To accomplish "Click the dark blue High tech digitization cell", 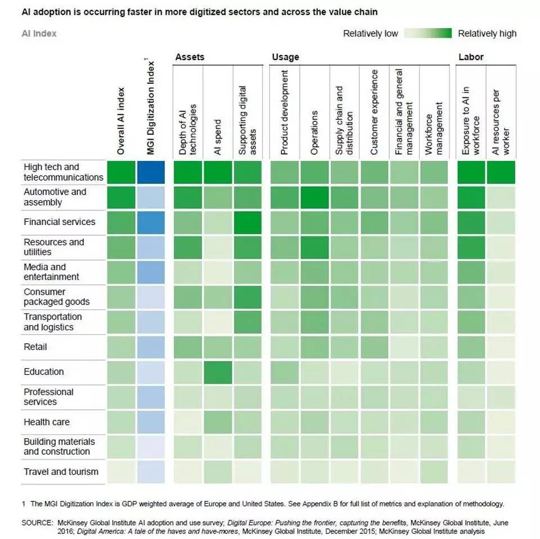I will [151, 172].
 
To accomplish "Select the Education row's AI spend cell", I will [218, 372].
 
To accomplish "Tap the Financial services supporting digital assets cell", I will [248, 222].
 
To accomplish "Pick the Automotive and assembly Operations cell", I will [314, 197].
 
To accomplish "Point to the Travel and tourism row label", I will [61, 471].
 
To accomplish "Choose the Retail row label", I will [35, 347].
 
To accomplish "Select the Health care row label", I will [47, 422].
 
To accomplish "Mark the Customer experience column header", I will [375, 113].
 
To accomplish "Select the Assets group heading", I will [190, 57].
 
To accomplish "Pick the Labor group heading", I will [471, 57].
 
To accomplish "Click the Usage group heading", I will [285, 57].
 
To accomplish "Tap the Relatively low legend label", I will [370, 34].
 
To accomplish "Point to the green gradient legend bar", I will [427, 34].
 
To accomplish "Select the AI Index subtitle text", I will [39, 34].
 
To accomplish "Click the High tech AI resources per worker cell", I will [501, 172].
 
